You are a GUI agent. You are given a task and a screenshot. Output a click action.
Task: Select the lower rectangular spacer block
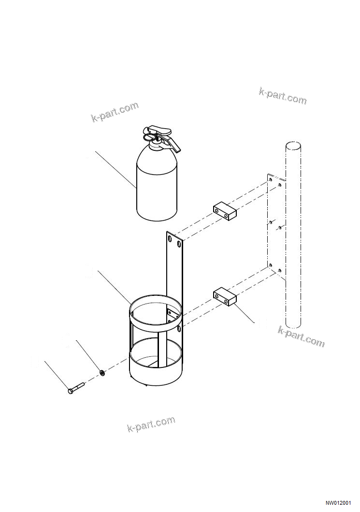coord(224,297)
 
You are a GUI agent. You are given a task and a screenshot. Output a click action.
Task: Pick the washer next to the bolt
coord(102,372)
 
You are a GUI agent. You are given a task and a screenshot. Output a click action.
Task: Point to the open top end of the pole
coord(292,146)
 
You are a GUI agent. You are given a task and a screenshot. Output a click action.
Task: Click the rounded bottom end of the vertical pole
coord(293,324)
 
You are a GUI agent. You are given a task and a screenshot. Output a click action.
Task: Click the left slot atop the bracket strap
coord(170,238)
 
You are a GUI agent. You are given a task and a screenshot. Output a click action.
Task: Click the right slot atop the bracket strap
coord(179,245)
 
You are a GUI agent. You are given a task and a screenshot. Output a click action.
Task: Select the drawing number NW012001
coord(338,503)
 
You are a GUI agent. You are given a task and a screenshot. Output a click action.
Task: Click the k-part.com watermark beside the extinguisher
coord(115,112)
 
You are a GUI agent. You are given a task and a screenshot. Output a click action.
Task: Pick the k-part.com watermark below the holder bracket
coord(151,424)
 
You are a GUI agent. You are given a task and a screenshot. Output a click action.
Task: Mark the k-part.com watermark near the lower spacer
coord(301,336)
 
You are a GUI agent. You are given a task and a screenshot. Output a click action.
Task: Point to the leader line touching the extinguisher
coord(115,170)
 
